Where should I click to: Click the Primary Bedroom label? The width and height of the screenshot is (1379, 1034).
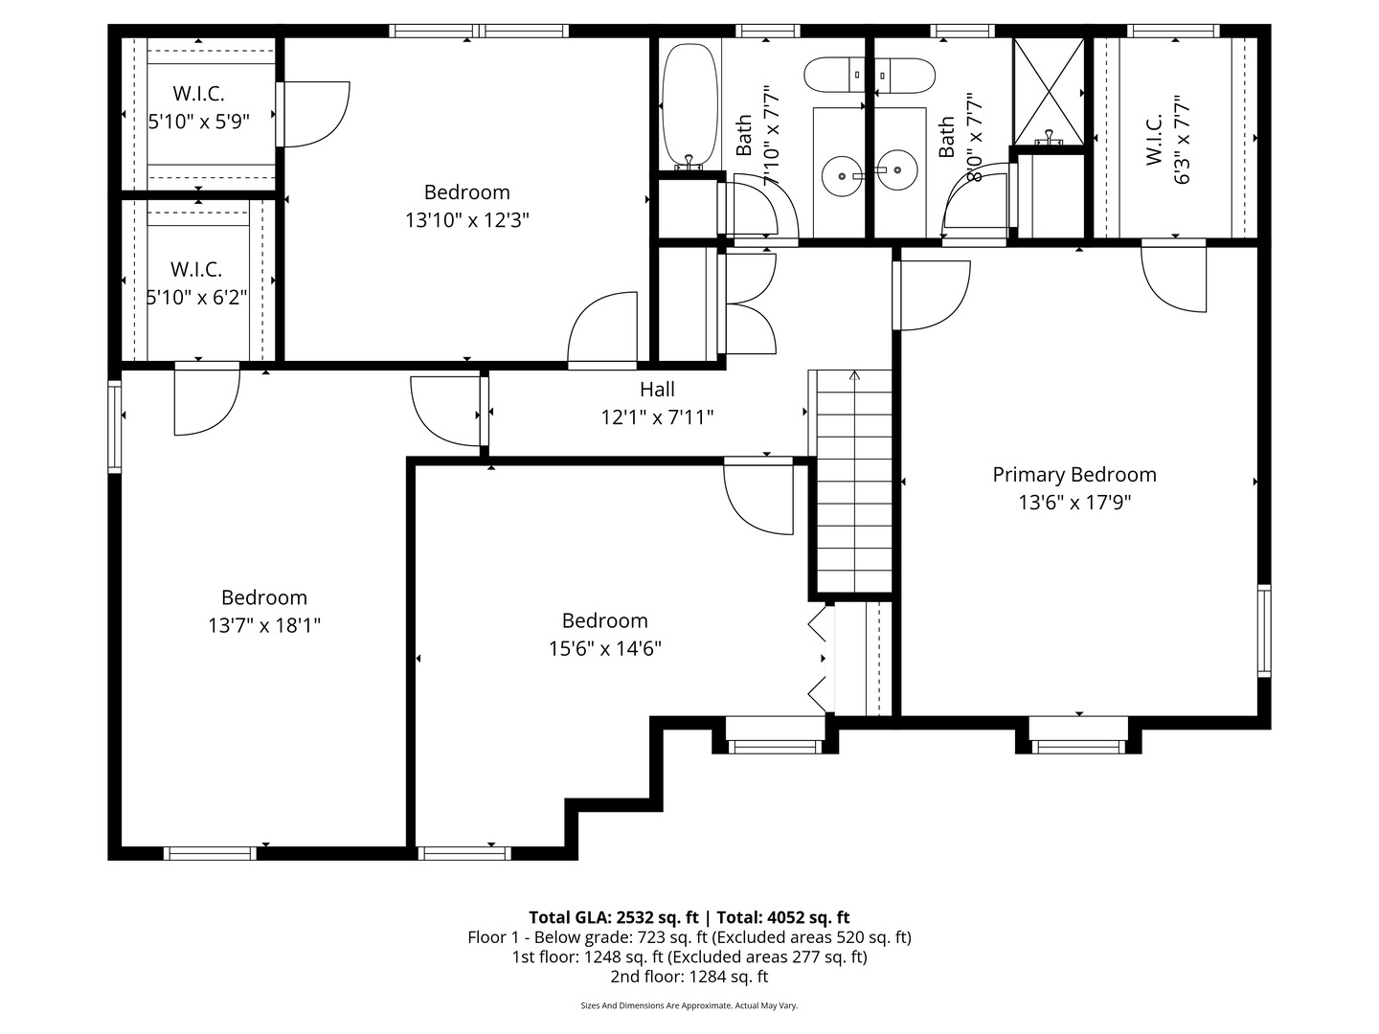(x=1074, y=475)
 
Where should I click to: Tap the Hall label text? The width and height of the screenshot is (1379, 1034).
(x=657, y=390)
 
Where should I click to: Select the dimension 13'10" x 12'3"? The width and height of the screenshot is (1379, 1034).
(x=466, y=220)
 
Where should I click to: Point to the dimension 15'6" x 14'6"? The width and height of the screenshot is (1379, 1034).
(x=604, y=649)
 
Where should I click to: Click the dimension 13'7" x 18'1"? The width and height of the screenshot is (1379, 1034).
(x=263, y=626)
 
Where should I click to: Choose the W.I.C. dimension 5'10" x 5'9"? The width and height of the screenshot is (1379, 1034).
(x=198, y=123)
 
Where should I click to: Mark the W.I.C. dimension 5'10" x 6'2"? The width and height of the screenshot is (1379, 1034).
(x=196, y=298)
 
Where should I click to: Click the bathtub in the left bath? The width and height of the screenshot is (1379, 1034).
(x=689, y=101)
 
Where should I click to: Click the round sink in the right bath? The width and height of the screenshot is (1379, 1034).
(x=897, y=170)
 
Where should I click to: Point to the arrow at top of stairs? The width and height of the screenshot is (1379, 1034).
(x=854, y=375)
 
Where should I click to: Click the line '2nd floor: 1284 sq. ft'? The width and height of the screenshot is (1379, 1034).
(x=689, y=977)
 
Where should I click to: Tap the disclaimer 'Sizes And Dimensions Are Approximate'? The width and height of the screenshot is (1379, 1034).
(x=689, y=1006)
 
